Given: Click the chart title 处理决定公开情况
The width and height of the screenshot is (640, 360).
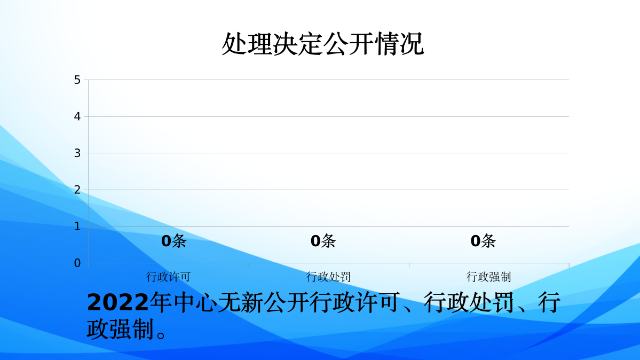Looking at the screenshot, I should click(322, 44).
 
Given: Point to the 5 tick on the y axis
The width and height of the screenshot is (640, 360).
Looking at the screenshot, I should click(77, 80).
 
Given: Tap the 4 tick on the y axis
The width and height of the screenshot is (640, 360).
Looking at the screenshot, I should click(77, 116).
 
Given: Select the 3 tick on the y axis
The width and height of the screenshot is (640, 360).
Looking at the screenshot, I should click(77, 153).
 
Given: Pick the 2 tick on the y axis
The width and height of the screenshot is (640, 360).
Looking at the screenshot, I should click(77, 190).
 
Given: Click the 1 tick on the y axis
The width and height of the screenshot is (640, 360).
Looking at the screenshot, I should click(77, 226).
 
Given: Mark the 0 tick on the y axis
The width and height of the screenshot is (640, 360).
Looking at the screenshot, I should click(77, 263).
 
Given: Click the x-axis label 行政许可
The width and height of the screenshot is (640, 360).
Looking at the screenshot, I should click(168, 277).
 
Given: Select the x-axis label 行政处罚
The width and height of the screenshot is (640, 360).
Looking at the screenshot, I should click(328, 277).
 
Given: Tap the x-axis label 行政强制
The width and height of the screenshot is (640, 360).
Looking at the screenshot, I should click(488, 277).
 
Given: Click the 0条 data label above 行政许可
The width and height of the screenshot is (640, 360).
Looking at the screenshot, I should click(173, 241).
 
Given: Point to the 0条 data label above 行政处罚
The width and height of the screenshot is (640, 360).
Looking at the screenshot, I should click(323, 241).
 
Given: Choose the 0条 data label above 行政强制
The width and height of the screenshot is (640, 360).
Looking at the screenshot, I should click(483, 241).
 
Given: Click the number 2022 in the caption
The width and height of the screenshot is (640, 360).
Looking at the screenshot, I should click(117, 303).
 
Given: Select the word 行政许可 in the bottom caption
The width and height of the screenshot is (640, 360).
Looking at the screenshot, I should click(354, 303).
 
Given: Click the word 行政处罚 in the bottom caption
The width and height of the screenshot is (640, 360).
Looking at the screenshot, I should click(470, 303).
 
